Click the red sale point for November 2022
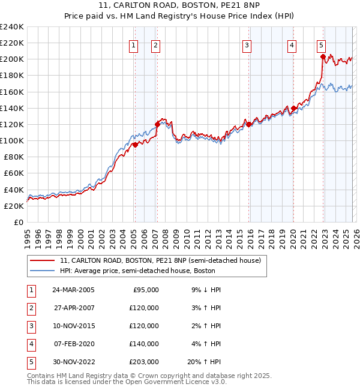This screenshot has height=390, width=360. (x=323, y=57)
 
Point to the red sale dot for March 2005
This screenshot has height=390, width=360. (x=135, y=145)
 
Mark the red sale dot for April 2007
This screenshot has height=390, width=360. (x=157, y=124)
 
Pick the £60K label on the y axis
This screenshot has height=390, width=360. (x=14, y=173)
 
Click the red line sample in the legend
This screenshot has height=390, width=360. (x=43, y=261)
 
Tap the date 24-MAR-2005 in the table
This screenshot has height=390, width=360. (x=74, y=290)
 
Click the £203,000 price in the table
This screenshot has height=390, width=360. (x=144, y=362)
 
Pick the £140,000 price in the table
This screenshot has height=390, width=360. (x=144, y=344)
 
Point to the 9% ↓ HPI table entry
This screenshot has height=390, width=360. (x=206, y=290)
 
